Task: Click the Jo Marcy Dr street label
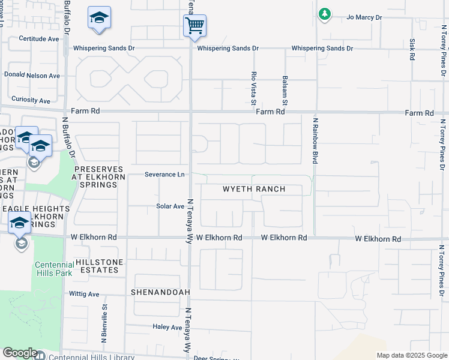[x=364, y=17]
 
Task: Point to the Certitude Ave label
[x=39, y=38]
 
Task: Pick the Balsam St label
[x=286, y=87]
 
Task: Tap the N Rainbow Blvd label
[x=314, y=140]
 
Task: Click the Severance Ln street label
[x=164, y=175]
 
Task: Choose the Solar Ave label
[x=170, y=206]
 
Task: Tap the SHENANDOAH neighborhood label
[x=160, y=292]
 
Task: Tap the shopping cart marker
[x=194, y=26]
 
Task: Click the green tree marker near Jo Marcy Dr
[x=325, y=14]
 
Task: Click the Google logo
[x=20, y=353]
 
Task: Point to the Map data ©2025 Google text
[x=411, y=355]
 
